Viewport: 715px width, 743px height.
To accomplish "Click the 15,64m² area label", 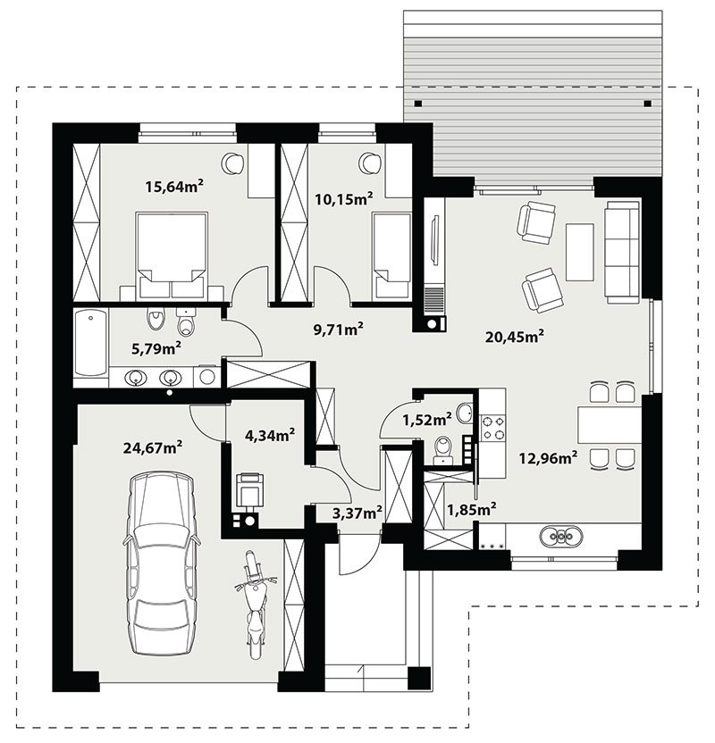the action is tap(174, 186).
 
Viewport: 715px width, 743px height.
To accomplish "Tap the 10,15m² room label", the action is tap(344, 198).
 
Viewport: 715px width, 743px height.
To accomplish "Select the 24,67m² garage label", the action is tap(153, 447).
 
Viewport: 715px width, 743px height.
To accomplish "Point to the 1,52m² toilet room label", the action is tap(426, 419).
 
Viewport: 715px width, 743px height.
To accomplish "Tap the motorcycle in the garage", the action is tap(255, 605).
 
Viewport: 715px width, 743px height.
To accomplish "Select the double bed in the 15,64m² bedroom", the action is tap(172, 255).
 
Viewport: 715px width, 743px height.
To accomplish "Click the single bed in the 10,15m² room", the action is tap(391, 255).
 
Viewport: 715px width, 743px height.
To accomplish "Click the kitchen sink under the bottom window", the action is tap(561, 536).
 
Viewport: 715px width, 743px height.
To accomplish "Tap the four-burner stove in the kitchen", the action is tap(493, 428).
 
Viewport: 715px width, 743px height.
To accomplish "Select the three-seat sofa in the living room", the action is tap(621, 252).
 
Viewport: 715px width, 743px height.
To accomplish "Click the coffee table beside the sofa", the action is tap(579, 252).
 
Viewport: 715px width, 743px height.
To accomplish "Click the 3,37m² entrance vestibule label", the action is tap(357, 513).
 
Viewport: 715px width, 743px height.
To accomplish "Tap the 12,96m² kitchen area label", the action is tap(548, 458).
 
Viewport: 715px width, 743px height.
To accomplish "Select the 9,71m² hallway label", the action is tap(339, 329).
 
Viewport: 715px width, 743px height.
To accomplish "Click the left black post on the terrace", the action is tap(417, 104).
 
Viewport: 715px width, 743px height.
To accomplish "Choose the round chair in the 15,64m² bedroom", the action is tap(233, 163).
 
